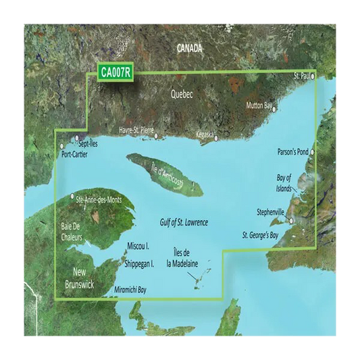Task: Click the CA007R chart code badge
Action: [114, 71]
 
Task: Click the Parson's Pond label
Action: [292, 152]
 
